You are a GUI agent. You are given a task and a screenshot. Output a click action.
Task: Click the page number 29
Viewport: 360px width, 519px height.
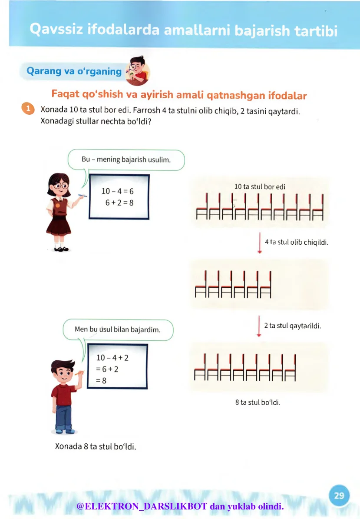point(339,496)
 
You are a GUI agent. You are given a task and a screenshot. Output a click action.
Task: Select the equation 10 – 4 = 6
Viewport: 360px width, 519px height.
point(117,191)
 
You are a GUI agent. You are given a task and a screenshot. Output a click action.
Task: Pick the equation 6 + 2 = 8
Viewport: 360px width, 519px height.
point(119,203)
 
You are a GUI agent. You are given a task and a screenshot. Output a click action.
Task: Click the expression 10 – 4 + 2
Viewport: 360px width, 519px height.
point(112,358)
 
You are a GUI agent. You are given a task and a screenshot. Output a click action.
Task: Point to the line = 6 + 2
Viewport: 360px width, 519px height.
point(107,369)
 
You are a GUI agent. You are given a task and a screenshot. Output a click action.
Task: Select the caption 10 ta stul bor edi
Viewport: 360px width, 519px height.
point(260,186)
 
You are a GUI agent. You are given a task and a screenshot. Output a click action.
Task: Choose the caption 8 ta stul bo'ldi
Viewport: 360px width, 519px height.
point(258,403)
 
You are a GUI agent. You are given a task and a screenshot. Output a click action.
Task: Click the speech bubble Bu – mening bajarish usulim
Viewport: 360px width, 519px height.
point(126,160)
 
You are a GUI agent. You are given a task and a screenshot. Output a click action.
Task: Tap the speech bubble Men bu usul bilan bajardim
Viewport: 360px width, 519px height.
point(118,329)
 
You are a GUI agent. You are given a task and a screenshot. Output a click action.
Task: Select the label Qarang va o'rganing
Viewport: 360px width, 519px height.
point(74,71)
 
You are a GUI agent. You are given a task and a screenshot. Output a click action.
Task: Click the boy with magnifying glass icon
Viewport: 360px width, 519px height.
point(137,71)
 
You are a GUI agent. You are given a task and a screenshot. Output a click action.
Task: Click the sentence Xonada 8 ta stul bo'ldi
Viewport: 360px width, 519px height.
point(96,446)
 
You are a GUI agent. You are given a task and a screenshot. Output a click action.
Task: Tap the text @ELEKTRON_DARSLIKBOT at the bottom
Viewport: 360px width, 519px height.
point(142,506)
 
